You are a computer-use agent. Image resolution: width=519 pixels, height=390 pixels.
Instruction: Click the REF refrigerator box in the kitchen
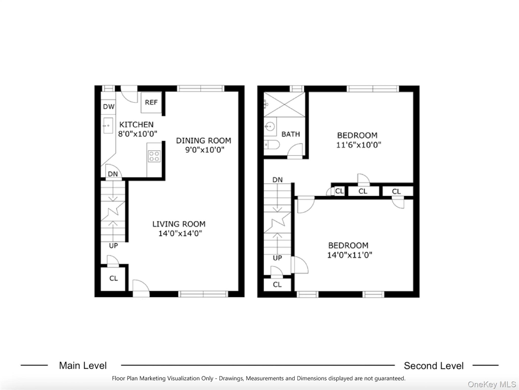click(x=151, y=102)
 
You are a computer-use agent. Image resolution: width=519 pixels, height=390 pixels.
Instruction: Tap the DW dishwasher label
click(x=109, y=107)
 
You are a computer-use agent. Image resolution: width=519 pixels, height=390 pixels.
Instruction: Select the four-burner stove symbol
click(x=154, y=156)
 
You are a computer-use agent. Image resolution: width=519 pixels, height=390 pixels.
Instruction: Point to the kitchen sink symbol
click(x=108, y=125)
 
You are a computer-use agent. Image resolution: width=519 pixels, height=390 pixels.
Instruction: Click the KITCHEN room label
click(x=136, y=125)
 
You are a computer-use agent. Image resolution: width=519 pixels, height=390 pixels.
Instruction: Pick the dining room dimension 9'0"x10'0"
click(x=205, y=150)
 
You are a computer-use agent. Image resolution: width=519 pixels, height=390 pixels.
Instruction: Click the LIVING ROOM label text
click(x=179, y=224)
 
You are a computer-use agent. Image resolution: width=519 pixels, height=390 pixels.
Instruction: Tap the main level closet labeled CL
click(x=113, y=279)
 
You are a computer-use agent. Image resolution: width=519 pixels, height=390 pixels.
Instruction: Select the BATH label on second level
click(x=291, y=134)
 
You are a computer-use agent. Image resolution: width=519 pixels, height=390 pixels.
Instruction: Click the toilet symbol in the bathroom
click(x=272, y=145)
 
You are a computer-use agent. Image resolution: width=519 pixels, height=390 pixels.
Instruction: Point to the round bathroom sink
click(x=270, y=126)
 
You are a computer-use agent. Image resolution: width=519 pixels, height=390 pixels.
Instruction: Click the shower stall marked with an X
click(x=284, y=104)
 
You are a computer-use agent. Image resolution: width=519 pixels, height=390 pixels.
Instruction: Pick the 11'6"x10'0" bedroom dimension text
click(x=358, y=145)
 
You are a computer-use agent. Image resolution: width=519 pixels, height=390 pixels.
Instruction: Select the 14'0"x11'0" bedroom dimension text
click(x=350, y=255)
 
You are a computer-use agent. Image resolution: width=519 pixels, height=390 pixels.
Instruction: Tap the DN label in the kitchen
click(x=113, y=174)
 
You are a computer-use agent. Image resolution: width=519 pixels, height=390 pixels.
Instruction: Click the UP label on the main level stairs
click(x=113, y=246)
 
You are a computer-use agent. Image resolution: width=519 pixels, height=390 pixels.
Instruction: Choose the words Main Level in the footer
click(x=83, y=366)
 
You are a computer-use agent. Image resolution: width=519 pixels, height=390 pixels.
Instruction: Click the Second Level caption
click(x=434, y=366)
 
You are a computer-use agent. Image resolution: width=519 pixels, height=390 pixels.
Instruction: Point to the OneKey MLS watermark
click(x=492, y=384)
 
